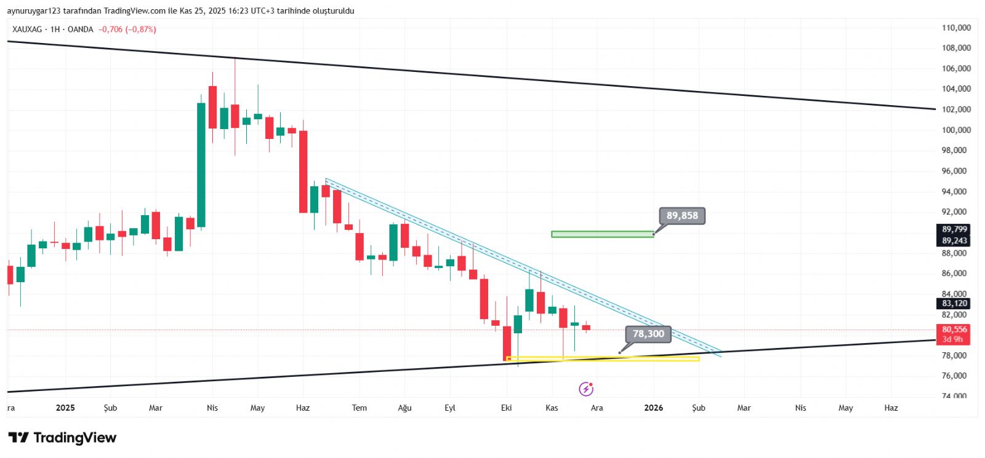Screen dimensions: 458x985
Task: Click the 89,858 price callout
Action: tap(682, 216)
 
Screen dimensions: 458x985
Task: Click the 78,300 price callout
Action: tap(648, 334)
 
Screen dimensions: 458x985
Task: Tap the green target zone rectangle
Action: tap(602, 234)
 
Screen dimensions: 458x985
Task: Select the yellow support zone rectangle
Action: tap(602, 358)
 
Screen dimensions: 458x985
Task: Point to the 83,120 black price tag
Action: tap(954, 303)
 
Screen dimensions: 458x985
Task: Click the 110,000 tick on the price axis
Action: tap(956, 28)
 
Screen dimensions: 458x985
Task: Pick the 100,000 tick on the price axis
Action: tap(956, 130)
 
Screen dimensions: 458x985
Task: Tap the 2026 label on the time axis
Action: tap(653, 408)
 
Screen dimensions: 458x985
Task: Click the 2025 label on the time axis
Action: tap(65, 408)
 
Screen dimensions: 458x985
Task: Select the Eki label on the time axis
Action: tap(507, 408)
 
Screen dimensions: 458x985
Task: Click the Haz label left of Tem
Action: tap(303, 408)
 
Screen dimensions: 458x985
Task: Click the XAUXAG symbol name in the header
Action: tap(27, 30)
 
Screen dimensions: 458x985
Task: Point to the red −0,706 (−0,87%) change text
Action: tap(127, 30)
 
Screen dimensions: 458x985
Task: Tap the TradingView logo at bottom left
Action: tap(62, 438)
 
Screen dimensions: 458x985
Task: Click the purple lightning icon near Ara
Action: tap(586, 389)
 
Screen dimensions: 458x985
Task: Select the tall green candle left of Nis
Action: tap(201, 165)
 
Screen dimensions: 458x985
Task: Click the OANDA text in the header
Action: tap(81, 30)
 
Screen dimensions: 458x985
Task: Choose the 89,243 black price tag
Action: tap(954, 240)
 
